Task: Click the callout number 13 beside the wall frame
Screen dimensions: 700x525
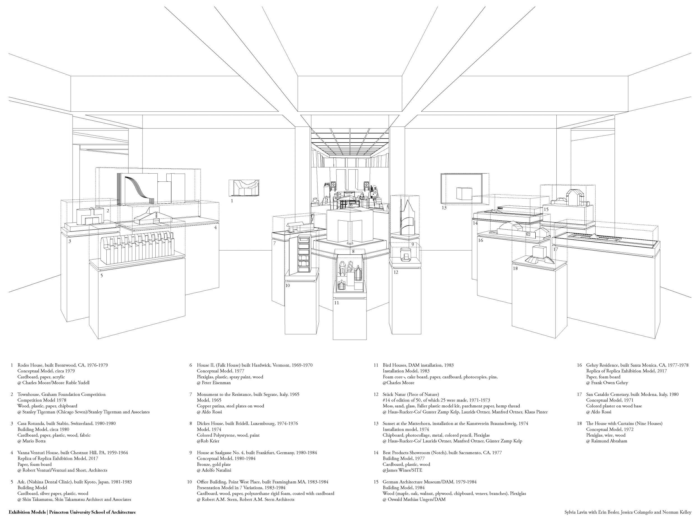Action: [x=444, y=208]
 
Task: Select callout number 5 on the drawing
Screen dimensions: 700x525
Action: [x=102, y=276]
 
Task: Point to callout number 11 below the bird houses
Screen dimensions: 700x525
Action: [x=336, y=303]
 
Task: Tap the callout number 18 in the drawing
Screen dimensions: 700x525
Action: [x=515, y=268]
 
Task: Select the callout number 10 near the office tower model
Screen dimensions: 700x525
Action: [x=287, y=285]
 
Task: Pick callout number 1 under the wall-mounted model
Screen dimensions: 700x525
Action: [x=232, y=201]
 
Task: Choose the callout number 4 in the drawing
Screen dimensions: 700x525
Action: [x=216, y=227]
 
